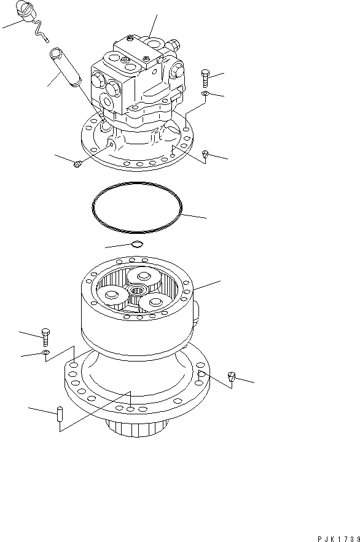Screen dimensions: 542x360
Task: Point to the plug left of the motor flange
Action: pos(77,163)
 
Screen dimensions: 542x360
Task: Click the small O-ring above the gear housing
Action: pos(137,246)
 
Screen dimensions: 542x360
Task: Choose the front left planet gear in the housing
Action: pos(114,297)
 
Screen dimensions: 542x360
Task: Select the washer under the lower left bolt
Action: pos(45,354)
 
